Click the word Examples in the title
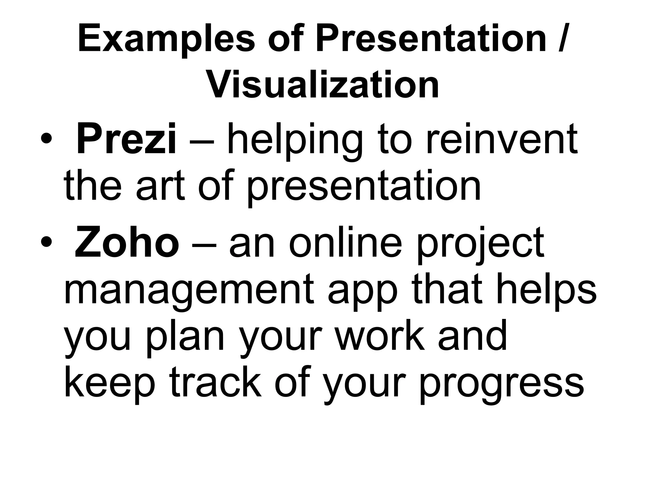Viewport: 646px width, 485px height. click(x=166, y=39)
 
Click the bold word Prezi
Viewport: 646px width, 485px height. click(x=126, y=139)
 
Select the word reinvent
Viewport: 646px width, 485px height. click(x=502, y=139)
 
